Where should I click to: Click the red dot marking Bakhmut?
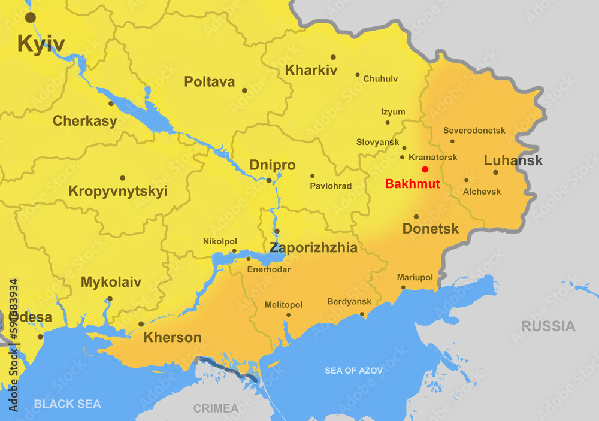pos(425,169)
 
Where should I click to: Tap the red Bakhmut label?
pos(412,184)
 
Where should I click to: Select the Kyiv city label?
pos(41,44)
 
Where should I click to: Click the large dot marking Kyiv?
pos(30,17)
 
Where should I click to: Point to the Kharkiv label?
pos(311,70)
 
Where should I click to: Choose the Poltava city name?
pos(209,82)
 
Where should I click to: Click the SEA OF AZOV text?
pos(353,371)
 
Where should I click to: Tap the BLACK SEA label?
pos(67,404)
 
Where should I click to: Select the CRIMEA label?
pos(216,408)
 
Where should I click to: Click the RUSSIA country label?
pos(548,326)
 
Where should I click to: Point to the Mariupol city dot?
pos(403,287)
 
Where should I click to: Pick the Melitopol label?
pos(283,305)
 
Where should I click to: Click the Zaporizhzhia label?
pos(313,248)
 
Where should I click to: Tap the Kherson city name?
pos(173,338)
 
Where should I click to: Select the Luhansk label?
pos(513,160)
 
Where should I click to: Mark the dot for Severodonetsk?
pos(452,141)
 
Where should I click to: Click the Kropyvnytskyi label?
pos(118,192)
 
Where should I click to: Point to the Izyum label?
pos(393,112)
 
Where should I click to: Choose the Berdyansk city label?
pos(349,302)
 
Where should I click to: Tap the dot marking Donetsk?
pos(416,217)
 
